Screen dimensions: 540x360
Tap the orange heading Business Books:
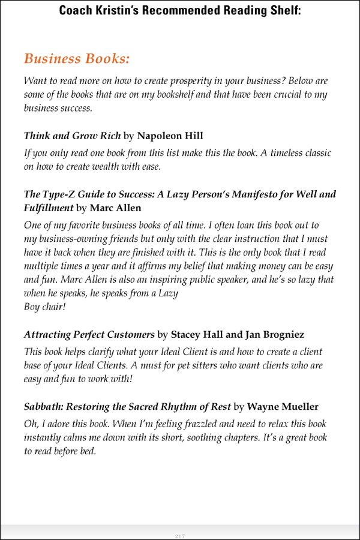click(x=77, y=59)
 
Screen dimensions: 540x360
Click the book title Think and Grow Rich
click(x=72, y=136)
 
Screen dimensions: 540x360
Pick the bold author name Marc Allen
click(x=115, y=208)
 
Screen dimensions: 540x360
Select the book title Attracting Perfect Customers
click(x=89, y=334)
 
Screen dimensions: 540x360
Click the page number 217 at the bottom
click(x=179, y=535)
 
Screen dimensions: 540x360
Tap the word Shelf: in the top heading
click(x=283, y=10)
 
